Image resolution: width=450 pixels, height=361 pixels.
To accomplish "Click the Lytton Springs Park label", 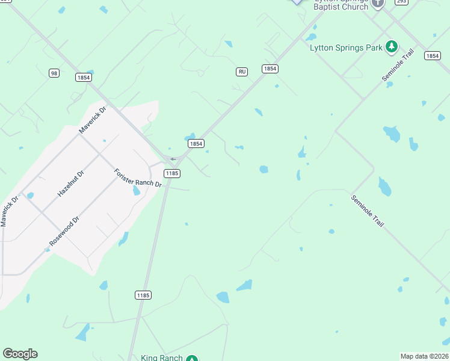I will pos(347,48).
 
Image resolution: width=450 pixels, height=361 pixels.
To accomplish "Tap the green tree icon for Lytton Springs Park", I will pos(392,46).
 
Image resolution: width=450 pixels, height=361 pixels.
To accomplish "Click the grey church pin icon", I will pos(378,2).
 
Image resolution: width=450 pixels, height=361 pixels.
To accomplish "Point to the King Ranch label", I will pos(161,358).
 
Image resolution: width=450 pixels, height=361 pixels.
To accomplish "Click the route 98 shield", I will pos(54,73).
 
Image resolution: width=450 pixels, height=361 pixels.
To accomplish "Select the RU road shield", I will pos(242,72).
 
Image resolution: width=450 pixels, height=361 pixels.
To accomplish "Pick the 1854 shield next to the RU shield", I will pos(270,69).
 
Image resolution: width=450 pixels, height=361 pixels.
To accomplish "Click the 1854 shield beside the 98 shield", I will pos(84,77).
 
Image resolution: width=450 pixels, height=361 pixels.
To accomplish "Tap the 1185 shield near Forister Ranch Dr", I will pos(172,173).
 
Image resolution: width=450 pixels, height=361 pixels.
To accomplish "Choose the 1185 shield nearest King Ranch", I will pos(143,295).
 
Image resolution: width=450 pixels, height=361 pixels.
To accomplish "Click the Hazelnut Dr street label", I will pos(71,184).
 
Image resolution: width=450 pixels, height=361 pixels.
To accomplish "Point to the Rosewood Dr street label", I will pos(64,232).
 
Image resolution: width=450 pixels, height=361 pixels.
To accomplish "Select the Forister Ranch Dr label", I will pos(138,177).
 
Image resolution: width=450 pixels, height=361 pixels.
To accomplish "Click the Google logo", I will pos(20,354).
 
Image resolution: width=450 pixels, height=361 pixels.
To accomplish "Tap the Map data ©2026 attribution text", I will pos(425,356).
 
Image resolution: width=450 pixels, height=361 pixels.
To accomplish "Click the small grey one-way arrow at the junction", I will pos(173,159).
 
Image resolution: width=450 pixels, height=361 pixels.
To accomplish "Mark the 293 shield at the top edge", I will pos(401,2).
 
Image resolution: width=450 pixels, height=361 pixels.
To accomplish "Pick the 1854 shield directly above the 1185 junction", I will pos(196,143).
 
